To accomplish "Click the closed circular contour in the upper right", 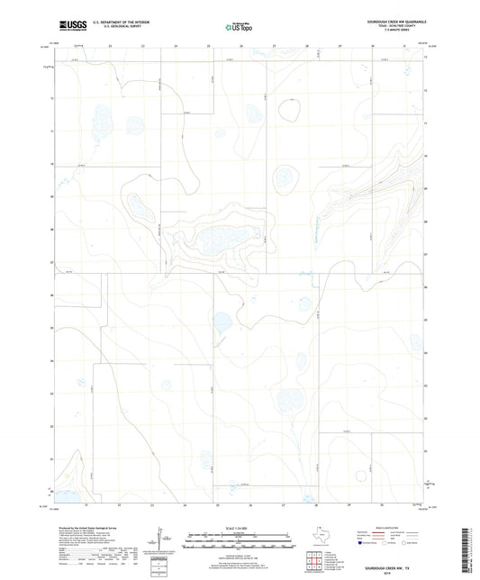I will click(x=290, y=111).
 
